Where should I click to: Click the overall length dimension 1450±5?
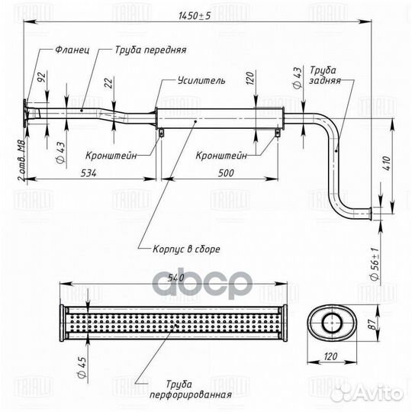tap(195, 16)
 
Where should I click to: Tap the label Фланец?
tap(72, 50)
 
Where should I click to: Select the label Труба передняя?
tap(151, 50)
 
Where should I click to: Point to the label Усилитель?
tap(201, 80)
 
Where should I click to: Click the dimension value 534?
tap(89, 173)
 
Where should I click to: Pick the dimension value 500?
tap(226, 173)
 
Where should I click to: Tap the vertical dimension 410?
tap(387, 163)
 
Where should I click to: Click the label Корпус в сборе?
tap(186, 249)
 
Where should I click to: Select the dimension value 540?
tap(175, 278)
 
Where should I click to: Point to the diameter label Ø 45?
tap(82, 367)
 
